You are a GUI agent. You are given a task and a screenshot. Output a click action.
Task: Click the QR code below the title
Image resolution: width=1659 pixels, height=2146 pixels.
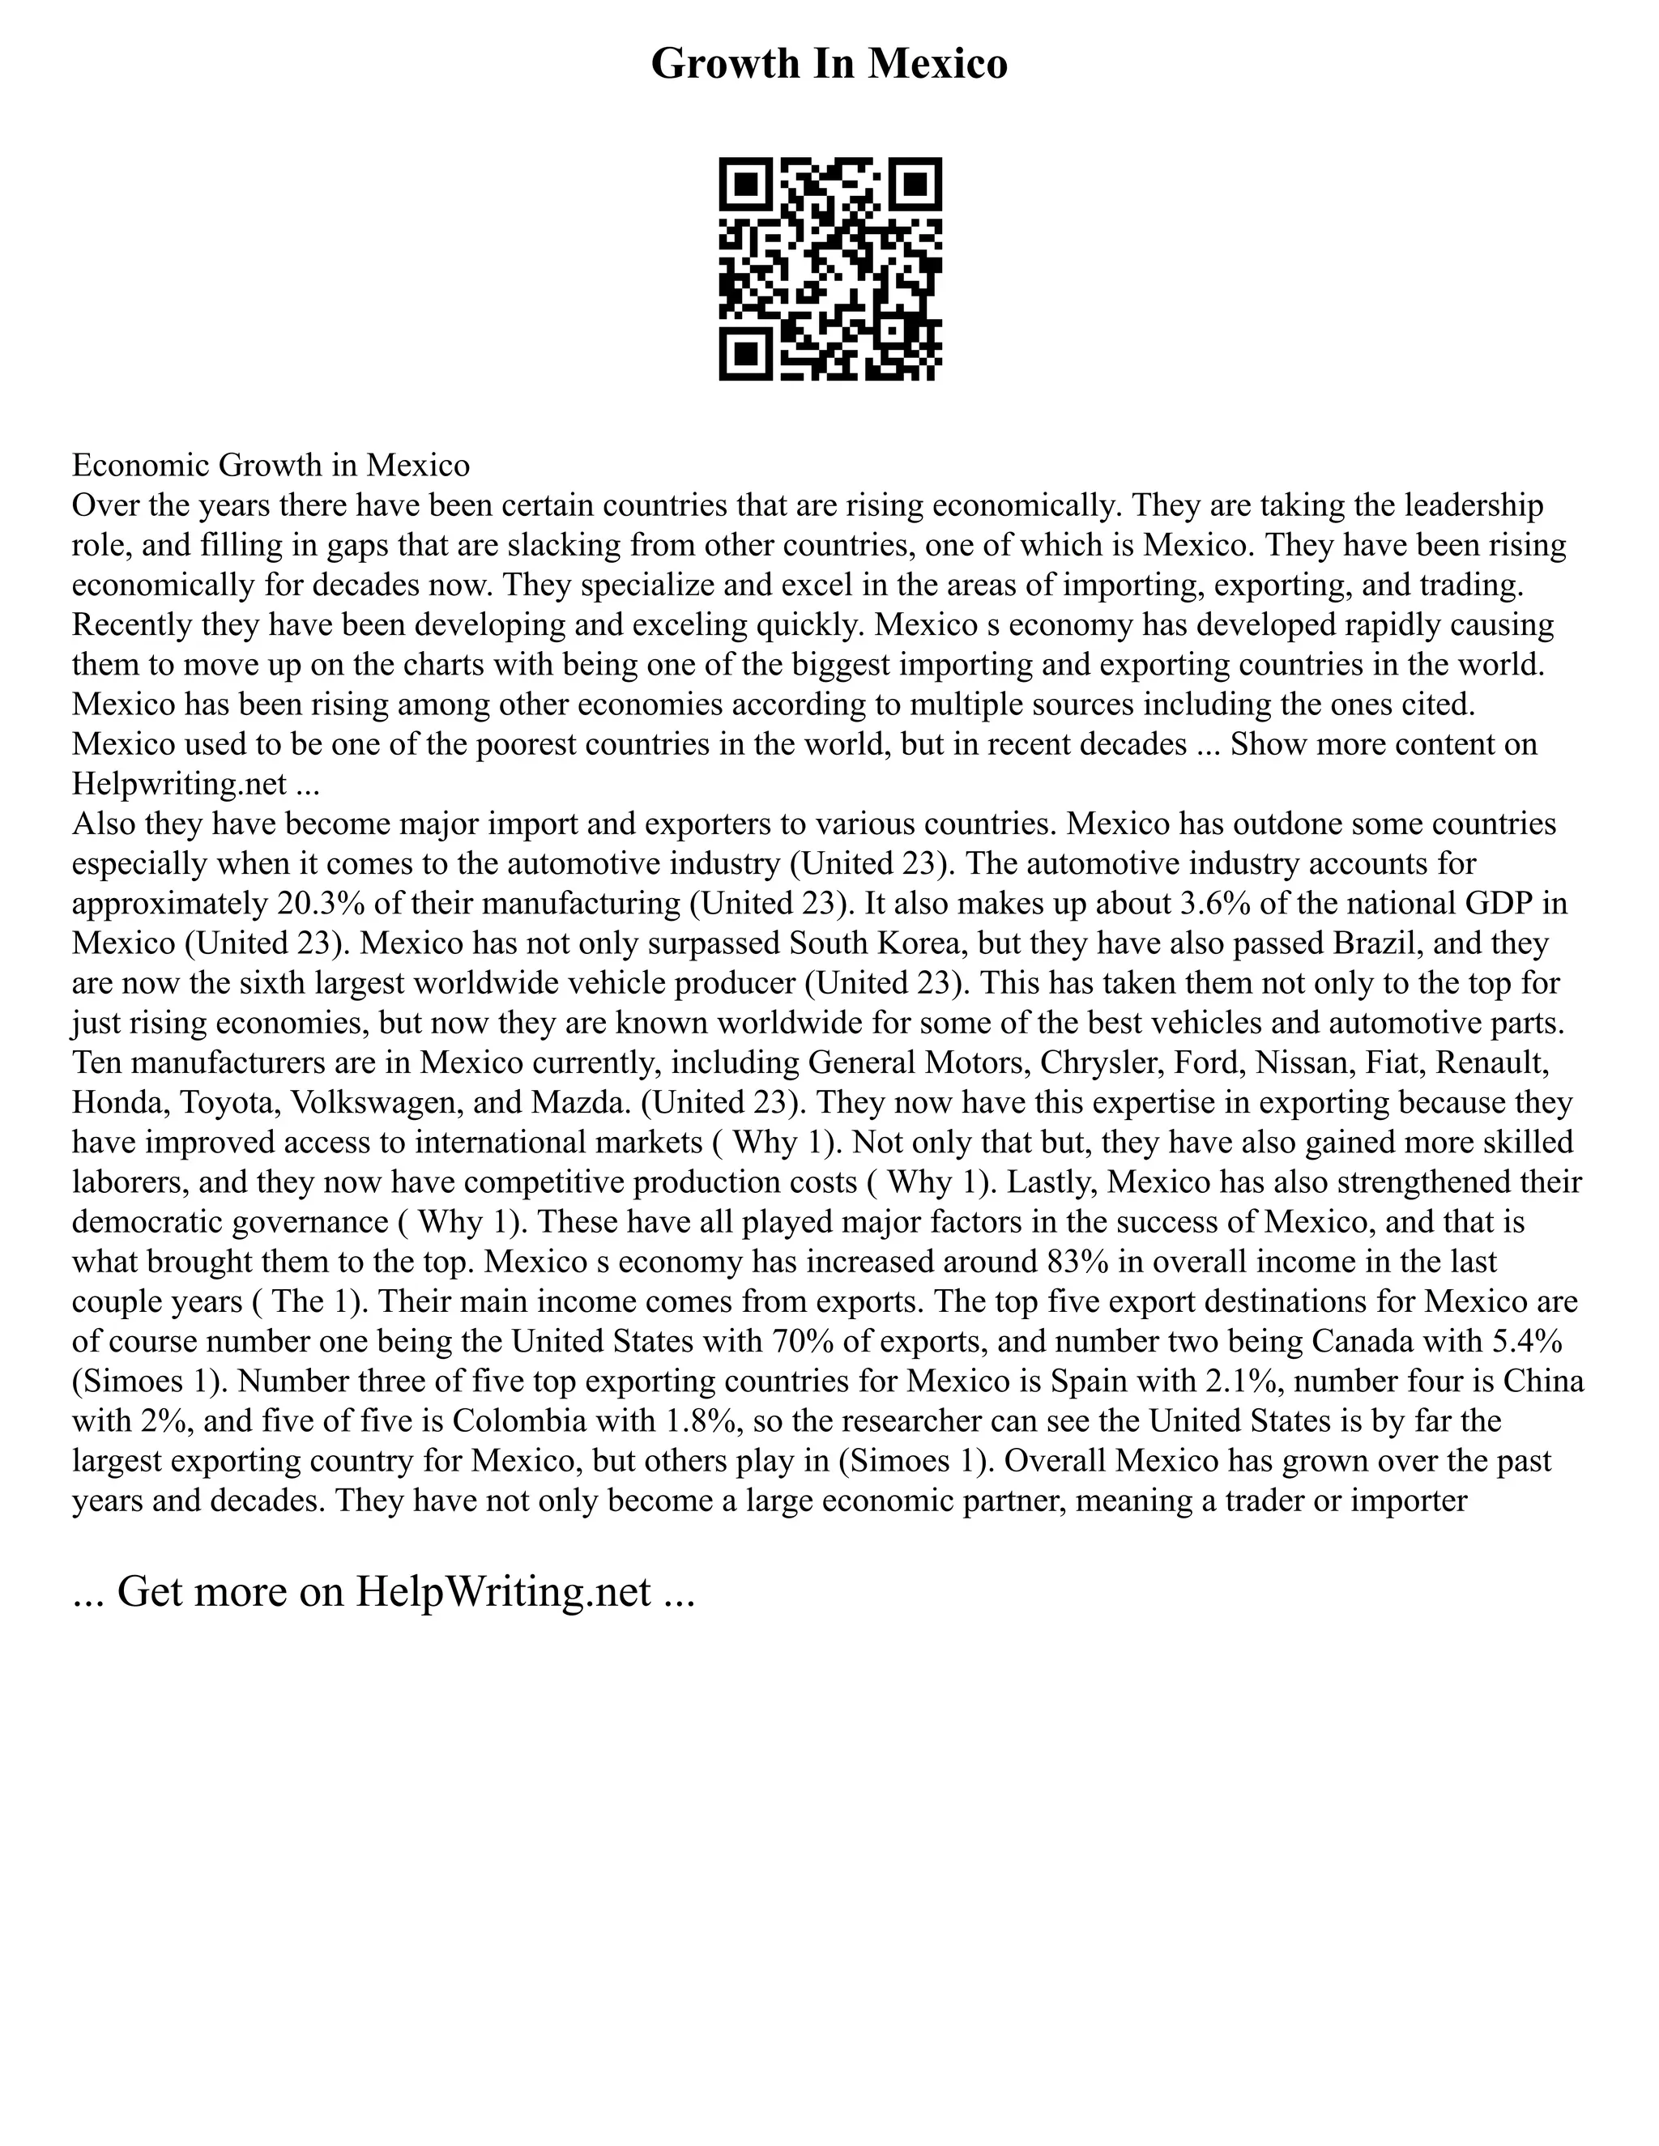(x=829, y=268)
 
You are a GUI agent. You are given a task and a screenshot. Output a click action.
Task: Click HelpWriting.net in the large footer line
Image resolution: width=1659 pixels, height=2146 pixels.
(x=502, y=1590)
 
